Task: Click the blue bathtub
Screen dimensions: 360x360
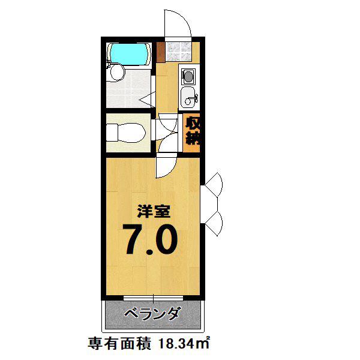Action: [129, 54]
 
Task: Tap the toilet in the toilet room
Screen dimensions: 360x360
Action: [126, 133]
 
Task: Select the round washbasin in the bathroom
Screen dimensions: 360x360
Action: [118, 72]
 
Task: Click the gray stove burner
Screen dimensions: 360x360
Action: [189, 76]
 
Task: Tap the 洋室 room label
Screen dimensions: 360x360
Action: [154, 211]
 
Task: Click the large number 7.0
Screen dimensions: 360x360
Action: [150, 239]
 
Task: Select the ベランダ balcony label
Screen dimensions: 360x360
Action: [152, 314]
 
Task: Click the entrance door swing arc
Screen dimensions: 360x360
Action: [184, 20]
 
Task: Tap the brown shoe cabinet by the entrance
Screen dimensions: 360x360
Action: [161, 52]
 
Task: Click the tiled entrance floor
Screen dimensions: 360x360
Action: [178, 52]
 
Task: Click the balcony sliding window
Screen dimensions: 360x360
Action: [153, 298]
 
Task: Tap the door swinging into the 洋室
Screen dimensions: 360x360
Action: [166, 166]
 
